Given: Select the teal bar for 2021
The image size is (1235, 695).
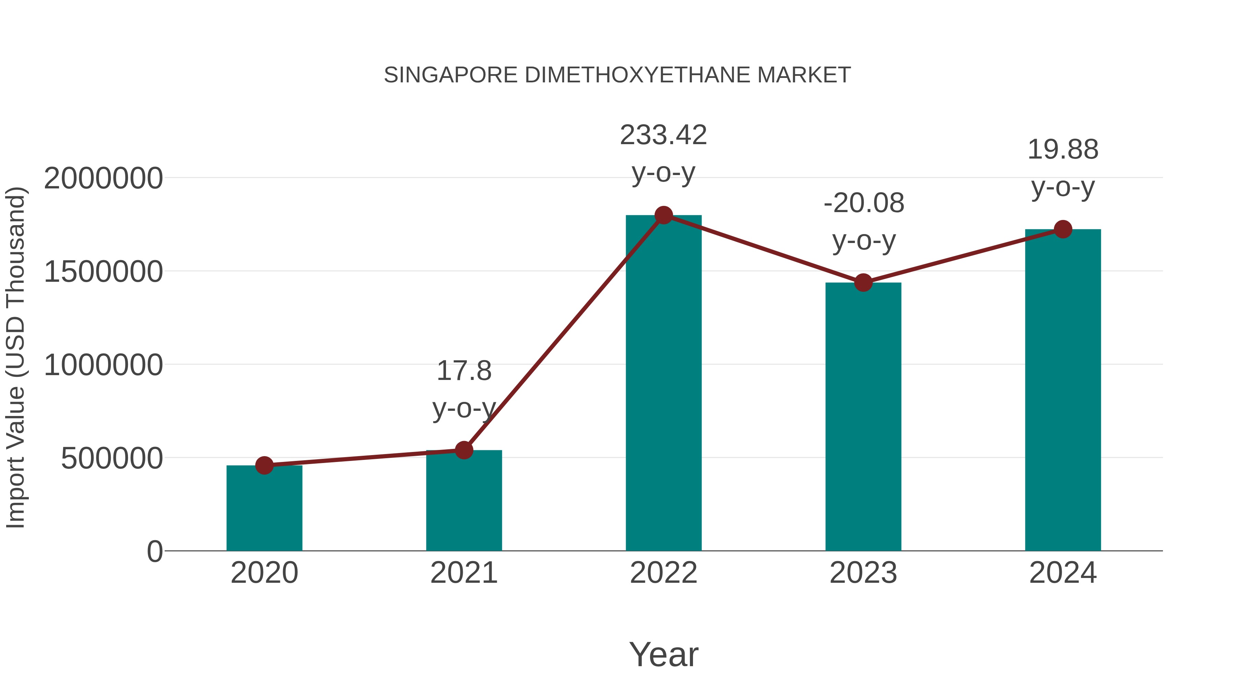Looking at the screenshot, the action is [x=463, y=501].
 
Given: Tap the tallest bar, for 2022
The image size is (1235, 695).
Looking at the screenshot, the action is [x=663, y=384].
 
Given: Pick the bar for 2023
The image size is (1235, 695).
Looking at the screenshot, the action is [x=863, y=417].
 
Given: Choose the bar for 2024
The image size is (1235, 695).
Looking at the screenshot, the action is [x=1063, y=391].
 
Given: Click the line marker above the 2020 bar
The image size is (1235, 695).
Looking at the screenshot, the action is [x=264, y=465].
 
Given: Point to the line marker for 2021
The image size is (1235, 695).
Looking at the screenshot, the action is [x=463, y=450].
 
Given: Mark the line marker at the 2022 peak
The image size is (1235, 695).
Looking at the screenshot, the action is [x=663, y=215].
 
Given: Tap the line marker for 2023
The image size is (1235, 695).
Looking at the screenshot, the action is [x=863, y=282].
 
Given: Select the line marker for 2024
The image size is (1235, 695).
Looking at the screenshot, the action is [x=1063, y=229].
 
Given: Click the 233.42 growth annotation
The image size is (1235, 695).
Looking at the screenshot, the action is [x=663, y=135].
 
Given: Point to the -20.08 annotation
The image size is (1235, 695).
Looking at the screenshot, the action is [x=864, y=204].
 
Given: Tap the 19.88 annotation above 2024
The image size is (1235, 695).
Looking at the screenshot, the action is [x=1063, y=150].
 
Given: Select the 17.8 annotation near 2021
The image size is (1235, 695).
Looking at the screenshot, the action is [x=463, y=371].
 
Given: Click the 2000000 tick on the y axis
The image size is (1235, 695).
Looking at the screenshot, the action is [x=103, y=178].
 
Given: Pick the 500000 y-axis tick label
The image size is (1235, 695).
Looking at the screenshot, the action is [x=112, y=459].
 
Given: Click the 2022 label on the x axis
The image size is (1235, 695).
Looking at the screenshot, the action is [x=663, y=573].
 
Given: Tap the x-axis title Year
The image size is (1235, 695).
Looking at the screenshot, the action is [x=663, y=654].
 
